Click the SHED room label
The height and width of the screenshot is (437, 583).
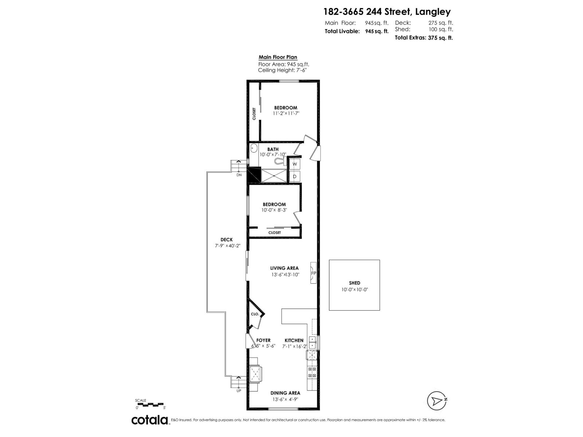pyautogui.click(x=354, y=283)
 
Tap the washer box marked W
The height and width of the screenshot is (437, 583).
pyautogui.click(x=295, y=164)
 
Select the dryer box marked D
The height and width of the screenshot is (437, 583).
pyautogui.click(x=295, y=177)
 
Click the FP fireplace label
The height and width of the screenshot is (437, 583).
pyautogui.click(x=313, y=273)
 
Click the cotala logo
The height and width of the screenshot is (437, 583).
pyautogui.click(x=149, y=420)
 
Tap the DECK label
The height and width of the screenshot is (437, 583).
pyautogui.click(x=226, y=240)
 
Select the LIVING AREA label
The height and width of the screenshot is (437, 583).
pyautogui.click(x=284, y=268)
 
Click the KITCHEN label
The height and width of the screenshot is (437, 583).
pyautogui.click(x=294, y=340)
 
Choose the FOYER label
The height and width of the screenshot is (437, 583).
pyautogui.click(x=263, y=340)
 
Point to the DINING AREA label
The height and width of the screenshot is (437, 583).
pyautogui.click(x=285, y=393)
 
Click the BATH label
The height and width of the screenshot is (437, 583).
pyautogui.click(x=273, y=149)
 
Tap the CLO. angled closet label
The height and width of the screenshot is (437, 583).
pyautogui.click(x=255, y=314)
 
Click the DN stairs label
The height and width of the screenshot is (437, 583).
pyautogui.click(x=239, y=175)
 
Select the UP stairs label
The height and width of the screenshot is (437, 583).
pyautogui.click(x=239, y=391)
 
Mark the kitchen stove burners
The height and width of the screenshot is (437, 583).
pyautogui.click(x=312, y=372)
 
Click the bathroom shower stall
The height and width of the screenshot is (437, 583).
pyautogui.click(x=274, y=176)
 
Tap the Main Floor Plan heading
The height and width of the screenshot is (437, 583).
pyautogui.click(x=278, y=57)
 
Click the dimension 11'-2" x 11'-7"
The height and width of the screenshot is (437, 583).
pyautogui.click(x=286, y=113)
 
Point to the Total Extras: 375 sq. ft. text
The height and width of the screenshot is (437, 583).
pyautogui.click(x=424, y=38)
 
